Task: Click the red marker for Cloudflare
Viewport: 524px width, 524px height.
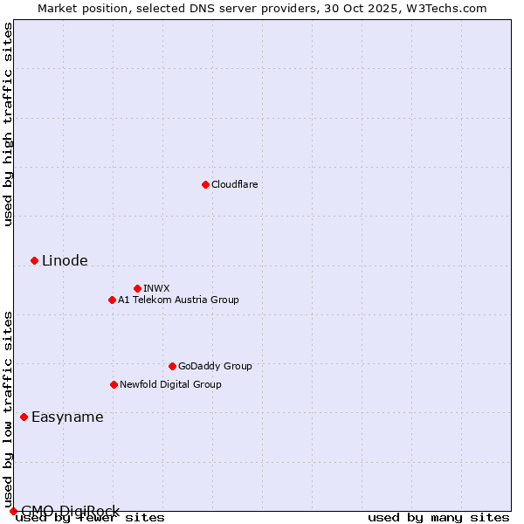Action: [205, 184]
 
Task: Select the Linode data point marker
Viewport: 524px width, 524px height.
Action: [34, 260]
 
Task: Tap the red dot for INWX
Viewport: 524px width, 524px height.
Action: [137, 288]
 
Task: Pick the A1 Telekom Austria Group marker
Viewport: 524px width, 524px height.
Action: [112, 300]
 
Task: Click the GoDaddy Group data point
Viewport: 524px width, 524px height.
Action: [172, 366]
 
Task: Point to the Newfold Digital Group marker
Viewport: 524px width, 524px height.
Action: [114, 384]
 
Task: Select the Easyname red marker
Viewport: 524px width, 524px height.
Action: [24, 417]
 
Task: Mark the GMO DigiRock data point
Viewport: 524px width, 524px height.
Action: [13, 511]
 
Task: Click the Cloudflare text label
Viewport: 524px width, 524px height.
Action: [234, 184]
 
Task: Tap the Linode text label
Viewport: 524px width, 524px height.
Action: [65, 260]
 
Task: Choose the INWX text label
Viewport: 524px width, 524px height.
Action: [156, 288]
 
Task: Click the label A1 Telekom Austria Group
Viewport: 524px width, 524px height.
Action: [178, 300]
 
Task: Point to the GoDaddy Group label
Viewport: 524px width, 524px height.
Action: [215, 366]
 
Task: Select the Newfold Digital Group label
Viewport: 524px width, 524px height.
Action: [170, 384]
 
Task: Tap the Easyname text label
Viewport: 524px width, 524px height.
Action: [67, 417]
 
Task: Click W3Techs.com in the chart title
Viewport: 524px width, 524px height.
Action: [451, 8]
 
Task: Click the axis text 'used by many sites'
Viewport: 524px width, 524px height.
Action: [438, 517]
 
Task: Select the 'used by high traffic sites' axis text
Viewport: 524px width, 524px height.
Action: [8, 124]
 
